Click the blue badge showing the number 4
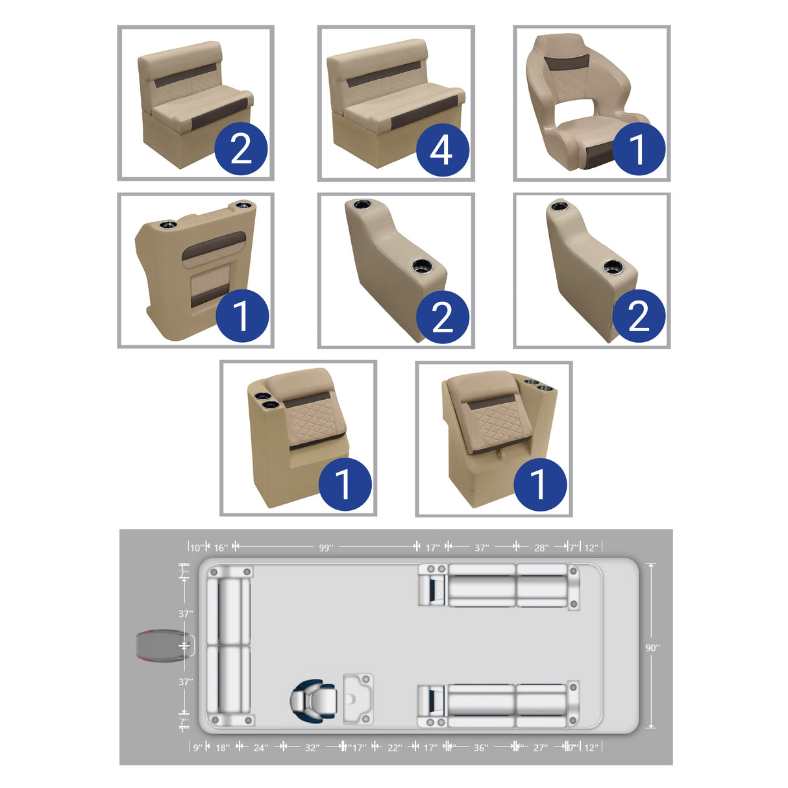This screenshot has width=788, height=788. point(442,150)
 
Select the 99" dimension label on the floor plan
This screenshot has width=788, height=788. point(326,548)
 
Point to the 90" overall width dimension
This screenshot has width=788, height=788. point(652,647)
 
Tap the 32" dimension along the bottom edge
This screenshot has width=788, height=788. point(312,748)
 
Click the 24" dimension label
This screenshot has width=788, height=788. point(260,748)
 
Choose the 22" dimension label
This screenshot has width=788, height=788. point(395,748)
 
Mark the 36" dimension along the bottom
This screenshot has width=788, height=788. point(481,748)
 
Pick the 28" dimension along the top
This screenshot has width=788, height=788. point(541,548)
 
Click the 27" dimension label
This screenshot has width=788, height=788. point(540,748)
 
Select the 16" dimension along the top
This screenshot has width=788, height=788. point(221,548)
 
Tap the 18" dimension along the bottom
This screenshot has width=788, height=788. point(222,748)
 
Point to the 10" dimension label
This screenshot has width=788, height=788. point(196,548)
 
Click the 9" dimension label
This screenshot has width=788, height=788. point(197,748)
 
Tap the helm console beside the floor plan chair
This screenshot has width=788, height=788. point(358,698)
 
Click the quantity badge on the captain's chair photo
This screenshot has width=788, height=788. point(639,149)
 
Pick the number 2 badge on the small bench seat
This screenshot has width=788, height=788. point(241,149)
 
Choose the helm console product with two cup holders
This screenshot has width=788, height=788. point(195,269)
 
